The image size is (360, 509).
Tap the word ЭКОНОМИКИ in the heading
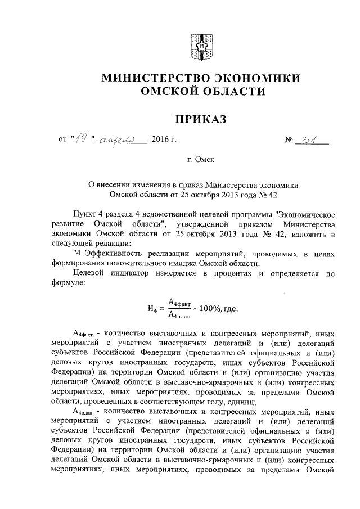coord(260,78)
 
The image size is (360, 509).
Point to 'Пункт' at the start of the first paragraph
coord(85,214)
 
